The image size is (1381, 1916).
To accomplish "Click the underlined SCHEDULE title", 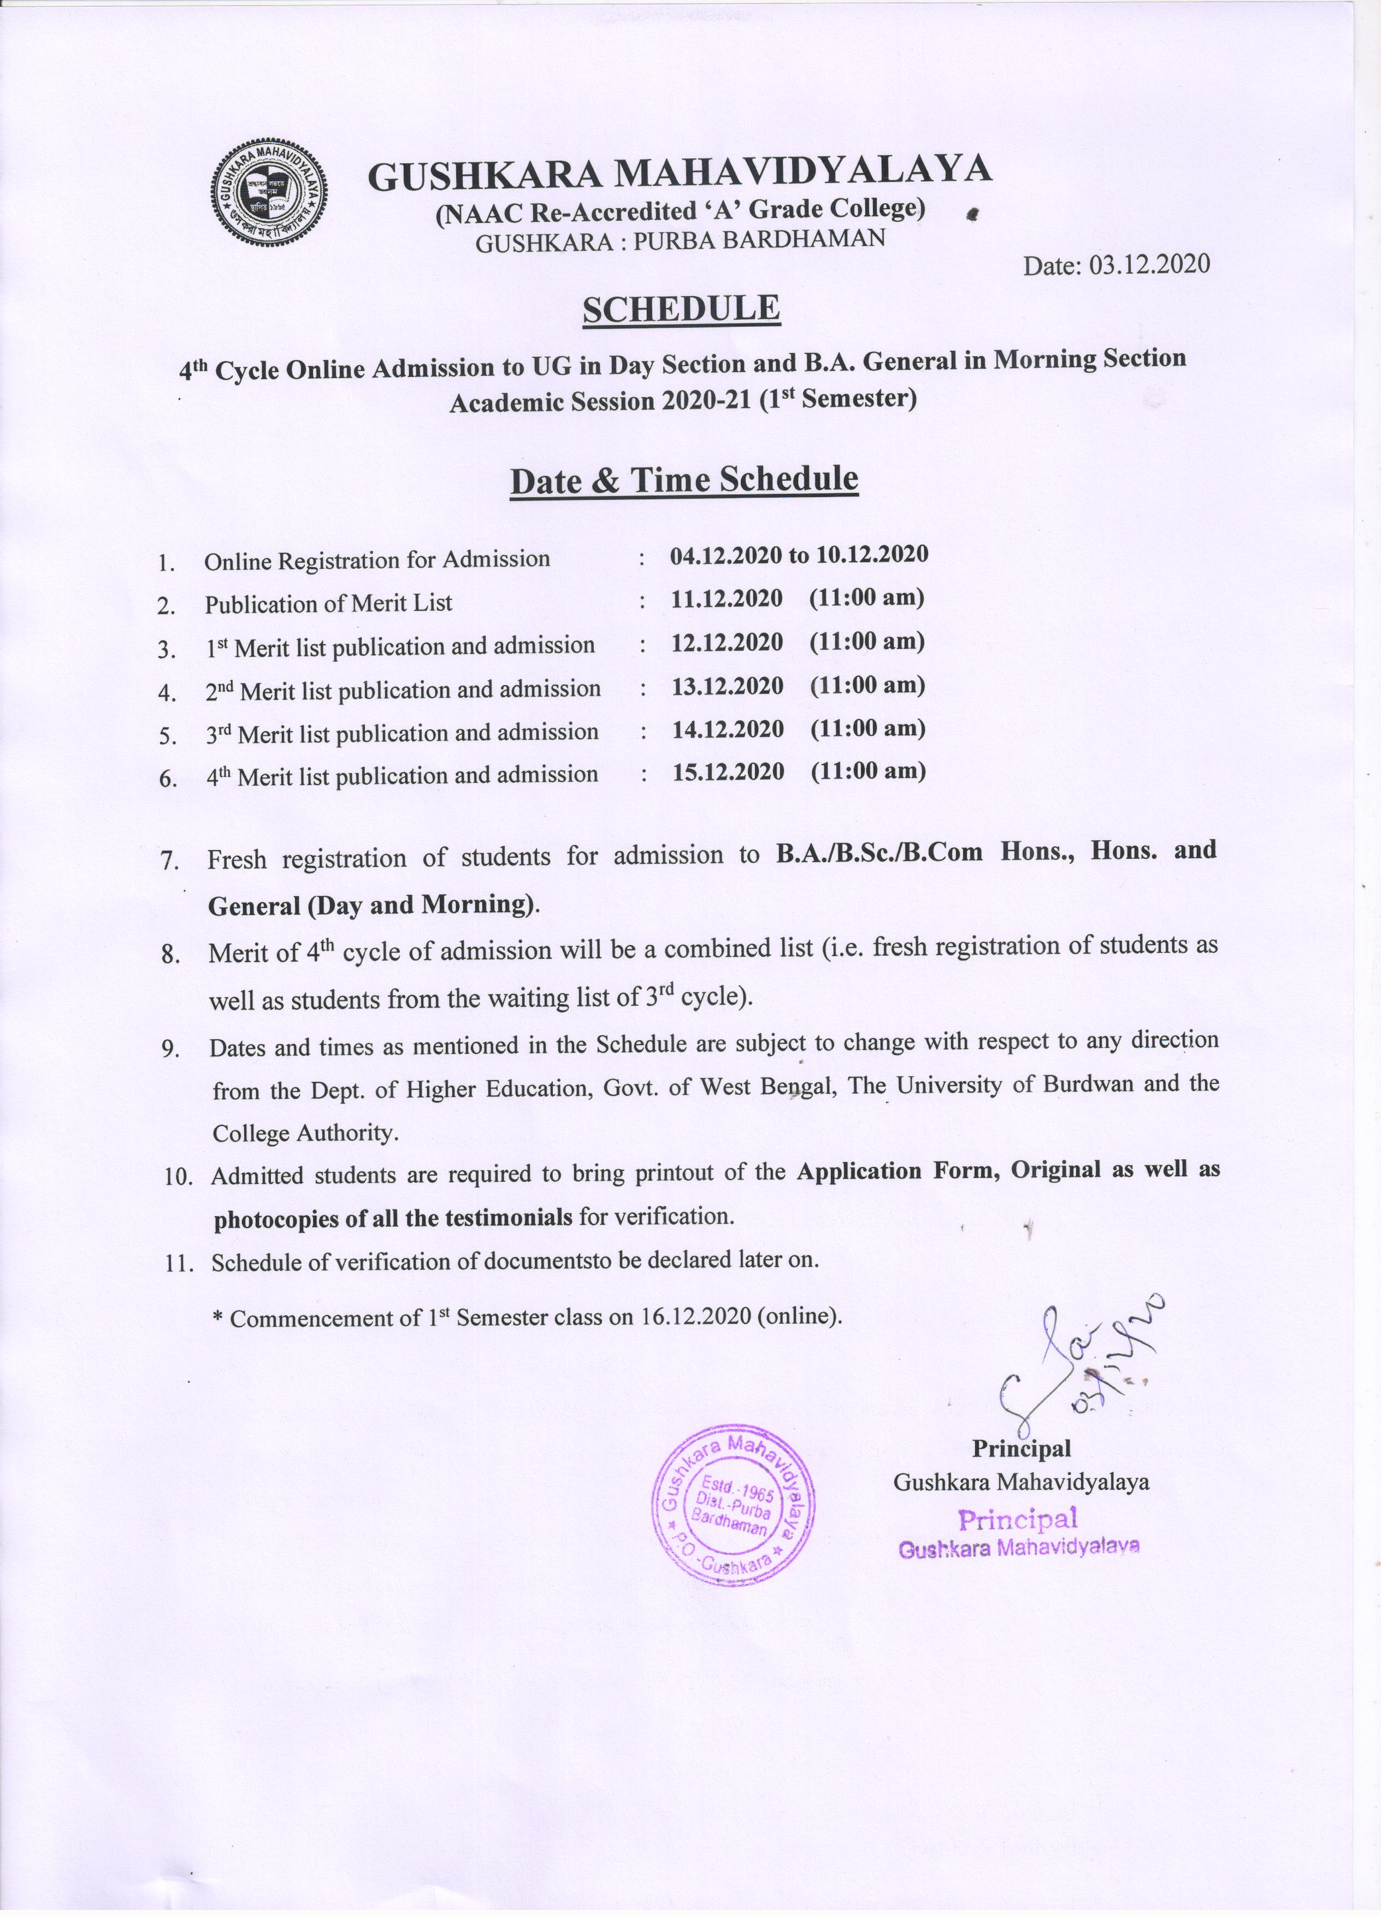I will pos(681,309).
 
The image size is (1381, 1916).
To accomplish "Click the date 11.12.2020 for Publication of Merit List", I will pos(727,599).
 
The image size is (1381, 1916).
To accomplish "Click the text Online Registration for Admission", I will pos(377,560).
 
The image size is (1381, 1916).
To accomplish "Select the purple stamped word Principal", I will pos(1017,1519).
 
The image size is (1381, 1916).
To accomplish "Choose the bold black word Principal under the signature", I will pos(1020,1448).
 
